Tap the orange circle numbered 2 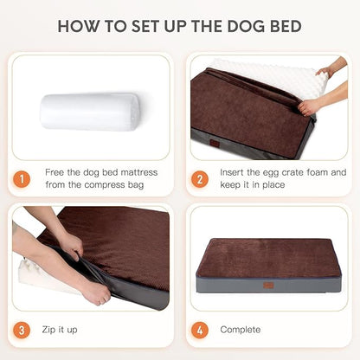click(x=201, y=179)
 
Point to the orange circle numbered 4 click(x=201, y=330)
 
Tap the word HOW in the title click(x=78, y=26)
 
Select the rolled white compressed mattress click(x=89, y=112)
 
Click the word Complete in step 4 click(x=240, y=330)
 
